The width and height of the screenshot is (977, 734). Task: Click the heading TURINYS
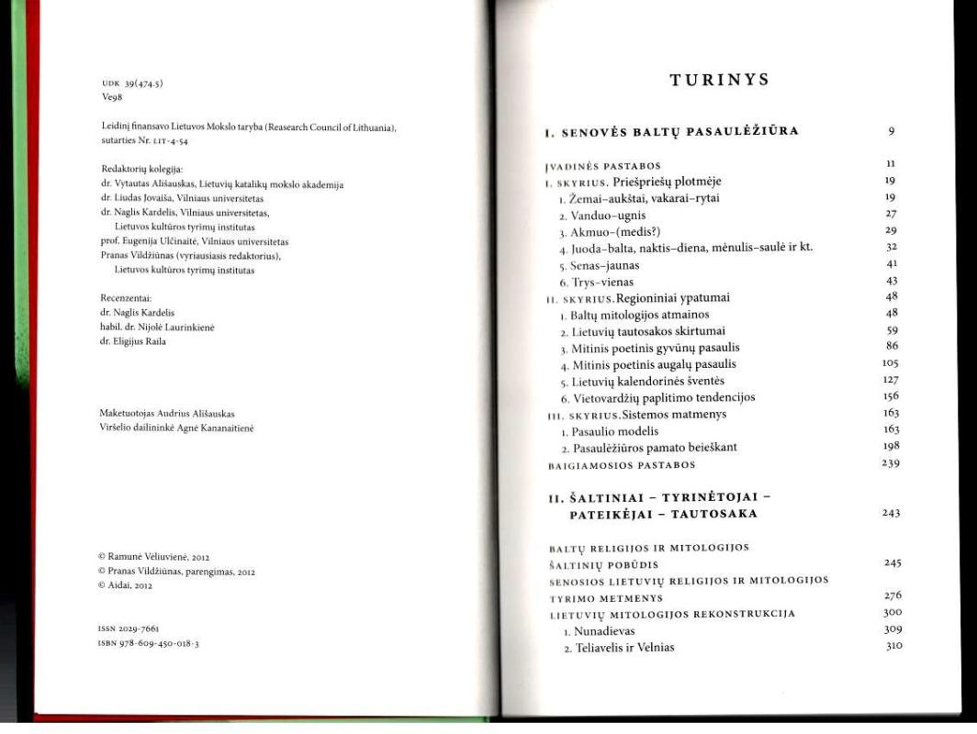click(x=719, y=80)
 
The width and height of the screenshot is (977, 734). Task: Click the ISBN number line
click(x=150, y=643)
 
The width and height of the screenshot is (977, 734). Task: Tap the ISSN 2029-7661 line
click(x=129, y=629)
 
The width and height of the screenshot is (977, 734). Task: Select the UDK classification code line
click(x=132, y=83)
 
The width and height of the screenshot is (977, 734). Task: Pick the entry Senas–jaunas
click(x=604, y=264)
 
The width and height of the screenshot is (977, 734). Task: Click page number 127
click(x=889, y=380)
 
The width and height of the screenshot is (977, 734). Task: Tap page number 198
click(x=889, y=446)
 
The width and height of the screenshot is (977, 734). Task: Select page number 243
click(x=890, y=513)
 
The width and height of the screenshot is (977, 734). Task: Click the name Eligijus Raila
click(x=133, y=341)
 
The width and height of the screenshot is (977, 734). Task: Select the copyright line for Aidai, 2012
click(x=126, y=584)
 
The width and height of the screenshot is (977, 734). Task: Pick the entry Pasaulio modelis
click(x=612, y=430)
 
